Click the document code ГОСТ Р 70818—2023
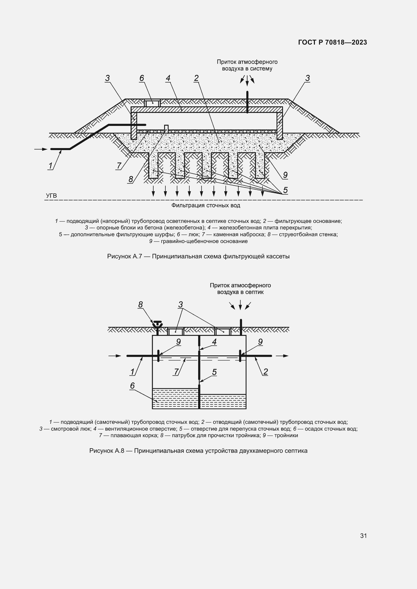point(332,42)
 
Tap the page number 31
point(363,536)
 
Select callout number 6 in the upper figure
point(141,78)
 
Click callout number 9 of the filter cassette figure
point(285,175)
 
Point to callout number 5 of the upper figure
point(285,190)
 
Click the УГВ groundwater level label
point(51,196)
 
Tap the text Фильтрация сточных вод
point(206,205)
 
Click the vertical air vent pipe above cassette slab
point(247,102)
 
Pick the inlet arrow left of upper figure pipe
point(41,149)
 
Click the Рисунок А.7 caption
point(198,256)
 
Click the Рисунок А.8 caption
point(198,451)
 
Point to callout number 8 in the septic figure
point(140,304)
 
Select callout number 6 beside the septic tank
point(132,386)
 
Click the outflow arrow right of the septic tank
point(282,356)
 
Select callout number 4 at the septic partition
point(214,342)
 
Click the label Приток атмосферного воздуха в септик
point(240,289)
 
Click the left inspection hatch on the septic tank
point(176,332)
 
